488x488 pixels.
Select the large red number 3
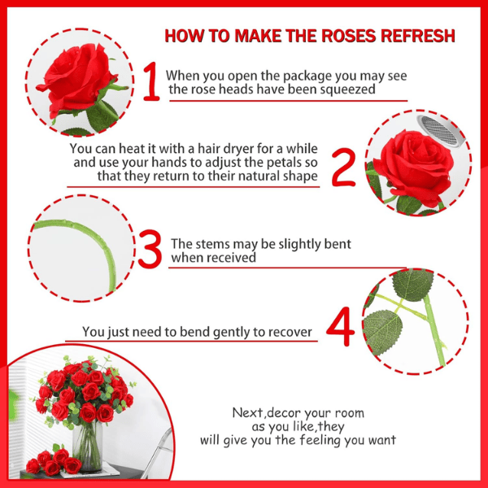(150, 249)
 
